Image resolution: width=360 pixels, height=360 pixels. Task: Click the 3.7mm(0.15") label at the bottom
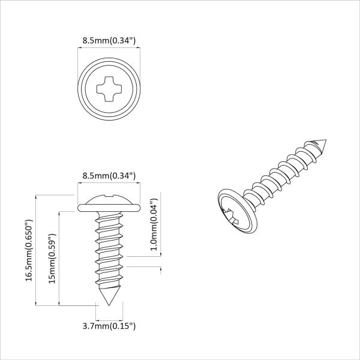click(x=109, y=326)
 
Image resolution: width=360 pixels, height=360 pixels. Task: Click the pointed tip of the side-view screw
click(x=109, y=304)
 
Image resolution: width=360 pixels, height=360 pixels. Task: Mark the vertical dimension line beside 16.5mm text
click(x=37, y=250)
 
